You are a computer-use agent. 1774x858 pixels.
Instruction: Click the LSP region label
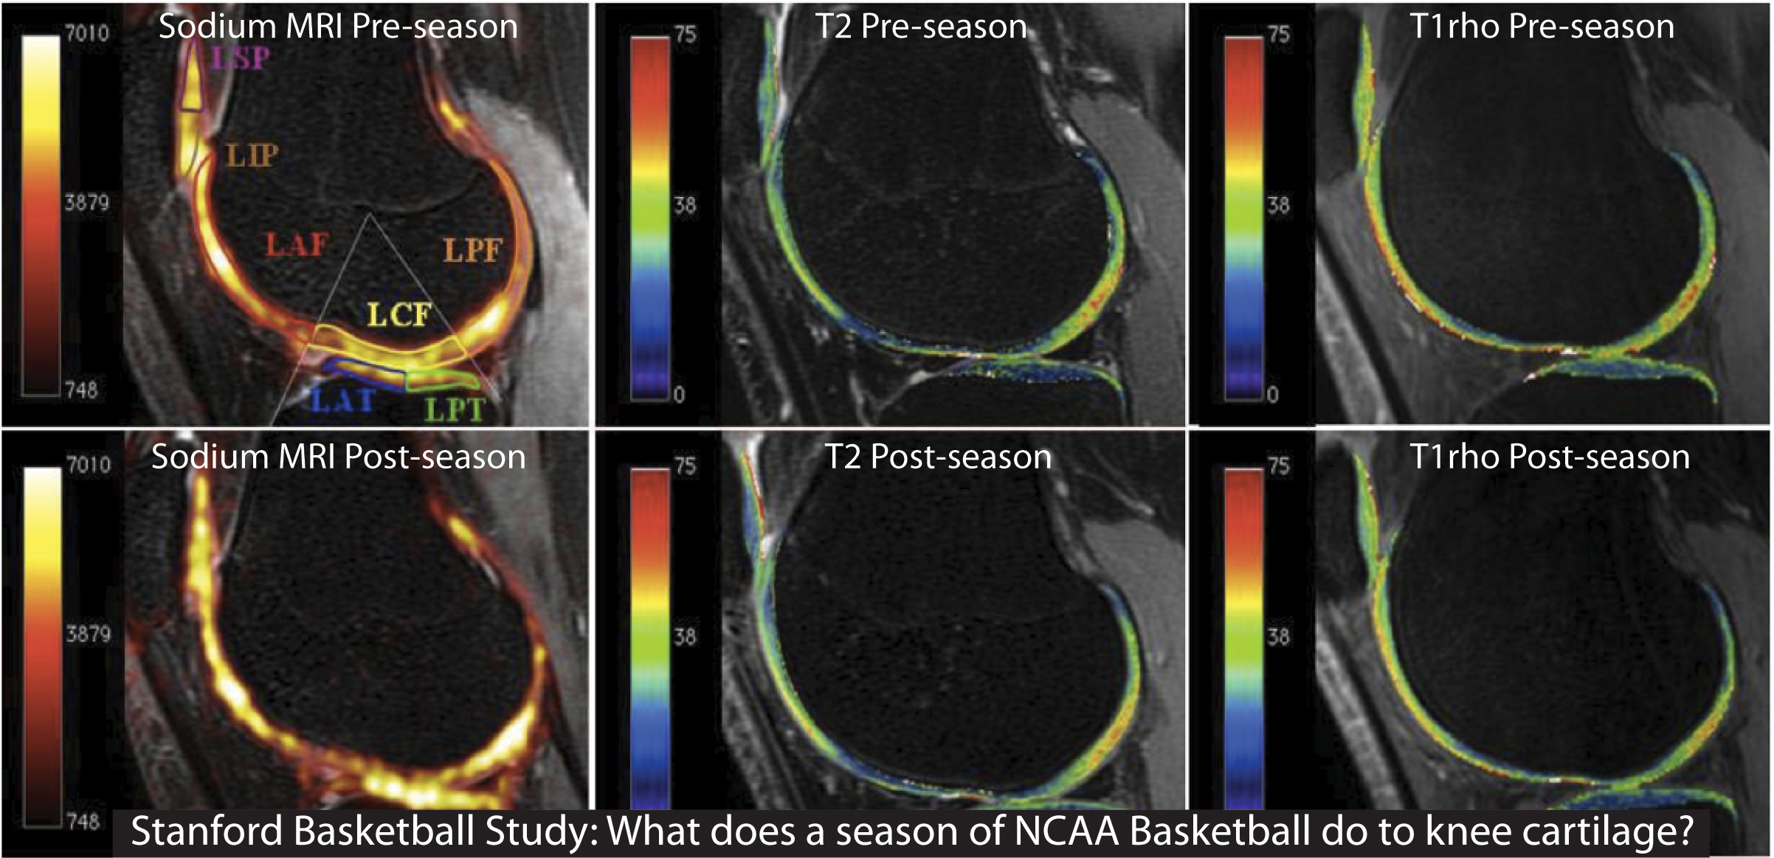pos(241,58)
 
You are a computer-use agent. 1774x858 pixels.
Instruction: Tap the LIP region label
pos(252,155)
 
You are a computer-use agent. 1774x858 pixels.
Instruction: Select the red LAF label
pos(296,244)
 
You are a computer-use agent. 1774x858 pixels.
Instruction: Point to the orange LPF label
pos(473,251)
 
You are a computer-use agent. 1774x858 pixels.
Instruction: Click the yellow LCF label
pos(399,315)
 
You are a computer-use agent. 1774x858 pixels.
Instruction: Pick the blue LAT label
pos(342,401)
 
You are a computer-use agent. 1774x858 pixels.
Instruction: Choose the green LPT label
pos(455,409)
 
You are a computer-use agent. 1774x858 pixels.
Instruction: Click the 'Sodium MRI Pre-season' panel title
pos(338,27)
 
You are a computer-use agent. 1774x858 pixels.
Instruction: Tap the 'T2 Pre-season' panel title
pos(921,27)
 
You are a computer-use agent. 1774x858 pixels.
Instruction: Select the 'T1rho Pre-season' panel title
pos(1542,27)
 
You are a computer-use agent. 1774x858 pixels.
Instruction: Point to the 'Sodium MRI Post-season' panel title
pos(338,457)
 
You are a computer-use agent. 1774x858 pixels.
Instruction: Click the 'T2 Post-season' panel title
pos(937,457)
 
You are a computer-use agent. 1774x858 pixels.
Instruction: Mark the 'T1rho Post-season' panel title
pos(1550,457)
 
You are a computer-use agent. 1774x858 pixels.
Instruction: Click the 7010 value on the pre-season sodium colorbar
pos(87,33)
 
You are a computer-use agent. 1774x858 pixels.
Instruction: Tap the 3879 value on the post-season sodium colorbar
pos(88,634)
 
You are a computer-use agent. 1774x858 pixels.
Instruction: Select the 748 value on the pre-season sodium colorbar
pos(81,390)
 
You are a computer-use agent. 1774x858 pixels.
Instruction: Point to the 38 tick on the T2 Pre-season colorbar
pos(685,205)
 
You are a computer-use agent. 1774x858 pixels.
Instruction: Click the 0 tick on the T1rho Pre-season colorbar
pos(1272,395)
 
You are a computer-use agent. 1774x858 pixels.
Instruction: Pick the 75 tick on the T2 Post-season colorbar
pos(686,466)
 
